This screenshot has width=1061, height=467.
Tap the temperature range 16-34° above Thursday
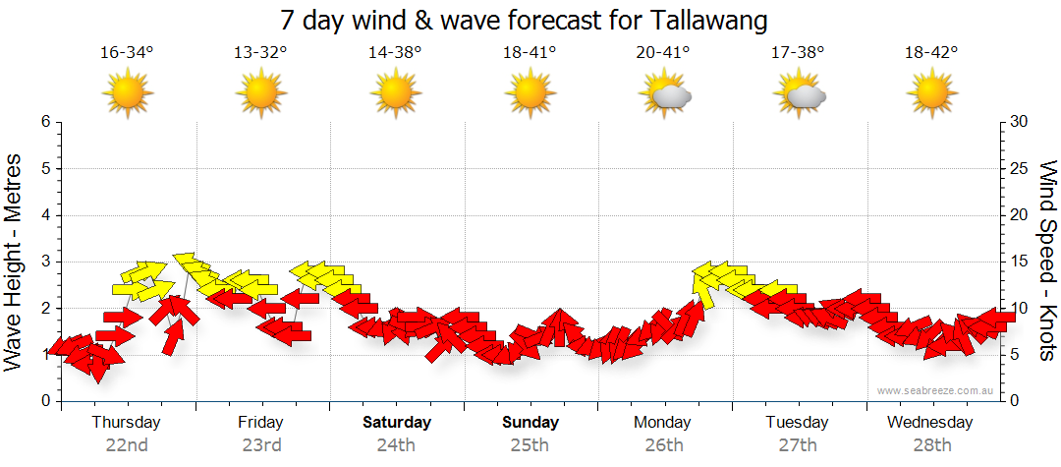[127, 52]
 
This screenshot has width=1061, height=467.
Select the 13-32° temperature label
[260, 52]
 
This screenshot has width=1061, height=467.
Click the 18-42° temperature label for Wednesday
[931, 52]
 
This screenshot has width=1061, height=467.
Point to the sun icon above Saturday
[395, 93]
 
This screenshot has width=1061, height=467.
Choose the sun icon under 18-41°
[530, 93]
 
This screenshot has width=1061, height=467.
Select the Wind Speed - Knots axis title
[1045, 261]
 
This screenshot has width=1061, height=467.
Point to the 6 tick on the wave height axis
[45, 122]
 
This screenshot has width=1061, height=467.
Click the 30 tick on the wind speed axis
[1020, 122]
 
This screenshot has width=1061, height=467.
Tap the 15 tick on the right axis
[1020, 262]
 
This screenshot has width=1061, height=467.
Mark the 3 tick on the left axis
[45, 262]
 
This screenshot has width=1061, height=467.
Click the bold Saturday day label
[397, 423]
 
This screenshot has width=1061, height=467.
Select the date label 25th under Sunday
[530, 444]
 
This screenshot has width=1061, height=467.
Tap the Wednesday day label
[929, 423]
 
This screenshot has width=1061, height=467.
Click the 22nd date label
[127, 444]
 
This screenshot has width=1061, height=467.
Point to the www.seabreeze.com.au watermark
[937, 390]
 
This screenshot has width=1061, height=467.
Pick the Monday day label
[663, 423]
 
